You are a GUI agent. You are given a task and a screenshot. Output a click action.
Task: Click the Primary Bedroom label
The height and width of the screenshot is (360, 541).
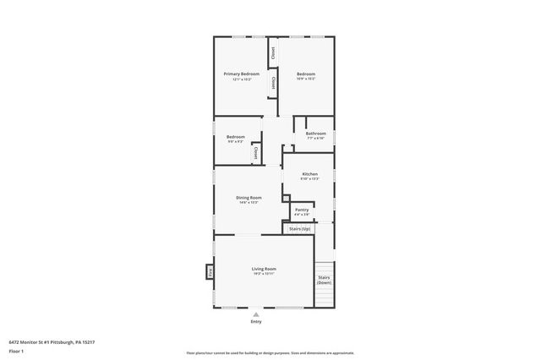(x=241, y=74)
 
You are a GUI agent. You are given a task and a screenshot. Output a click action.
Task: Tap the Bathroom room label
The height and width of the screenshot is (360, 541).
(x=316, y=134)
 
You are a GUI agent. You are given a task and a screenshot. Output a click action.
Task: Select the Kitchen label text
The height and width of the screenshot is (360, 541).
(x=310, y=174)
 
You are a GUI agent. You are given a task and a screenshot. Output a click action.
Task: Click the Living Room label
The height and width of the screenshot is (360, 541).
(x=264, y=269)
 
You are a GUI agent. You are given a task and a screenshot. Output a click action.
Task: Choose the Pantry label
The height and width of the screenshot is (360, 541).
(x=302, y=210)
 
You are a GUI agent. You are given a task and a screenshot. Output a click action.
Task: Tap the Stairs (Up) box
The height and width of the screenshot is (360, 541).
(x=299, y=229)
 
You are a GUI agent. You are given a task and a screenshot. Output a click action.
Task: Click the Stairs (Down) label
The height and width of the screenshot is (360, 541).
(x=324, y=280)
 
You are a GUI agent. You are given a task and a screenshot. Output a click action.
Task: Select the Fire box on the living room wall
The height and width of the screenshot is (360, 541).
(x=210, y=272)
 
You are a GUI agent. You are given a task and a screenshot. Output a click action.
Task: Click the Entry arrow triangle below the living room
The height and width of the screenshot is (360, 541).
(x=256, y=314)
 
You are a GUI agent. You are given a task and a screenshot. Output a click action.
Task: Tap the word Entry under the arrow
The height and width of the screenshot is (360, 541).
(x=256, y=322)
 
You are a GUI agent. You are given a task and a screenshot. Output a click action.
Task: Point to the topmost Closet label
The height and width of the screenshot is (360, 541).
(x=273, y=51)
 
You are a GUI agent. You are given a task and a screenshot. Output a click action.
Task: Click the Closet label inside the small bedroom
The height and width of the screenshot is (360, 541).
(x=256, y=153)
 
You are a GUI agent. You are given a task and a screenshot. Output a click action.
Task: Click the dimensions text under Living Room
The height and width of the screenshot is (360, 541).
(x=264, y=274)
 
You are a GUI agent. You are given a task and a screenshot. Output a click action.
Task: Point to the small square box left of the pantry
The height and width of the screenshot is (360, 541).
(x=286, y=199)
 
